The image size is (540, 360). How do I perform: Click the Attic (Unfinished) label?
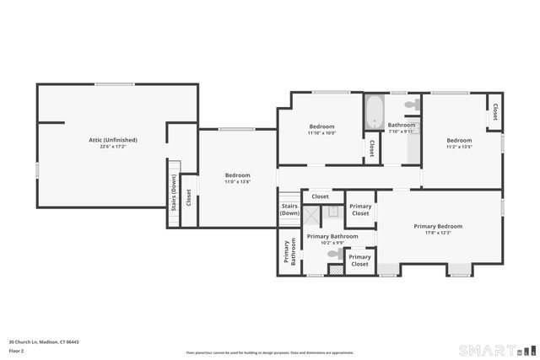point(113,140)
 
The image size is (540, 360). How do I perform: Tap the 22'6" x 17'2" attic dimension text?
point(113,147)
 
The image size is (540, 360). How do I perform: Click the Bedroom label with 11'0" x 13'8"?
point(237,175)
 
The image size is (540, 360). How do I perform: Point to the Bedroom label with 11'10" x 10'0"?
point(321,126)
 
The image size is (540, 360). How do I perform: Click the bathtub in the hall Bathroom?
point(373,112)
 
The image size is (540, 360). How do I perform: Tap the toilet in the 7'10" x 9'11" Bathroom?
point(411,105)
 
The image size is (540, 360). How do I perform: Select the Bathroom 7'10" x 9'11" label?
point(402,125)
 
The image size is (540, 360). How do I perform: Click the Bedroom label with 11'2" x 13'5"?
point(459,140)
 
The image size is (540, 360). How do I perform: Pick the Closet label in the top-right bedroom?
point(494,112)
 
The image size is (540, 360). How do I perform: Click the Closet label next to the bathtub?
point(370,148)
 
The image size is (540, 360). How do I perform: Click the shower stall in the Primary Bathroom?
point(313,213)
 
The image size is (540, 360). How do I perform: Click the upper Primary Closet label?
point(360,209)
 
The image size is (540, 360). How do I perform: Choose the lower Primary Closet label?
point(360,260)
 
